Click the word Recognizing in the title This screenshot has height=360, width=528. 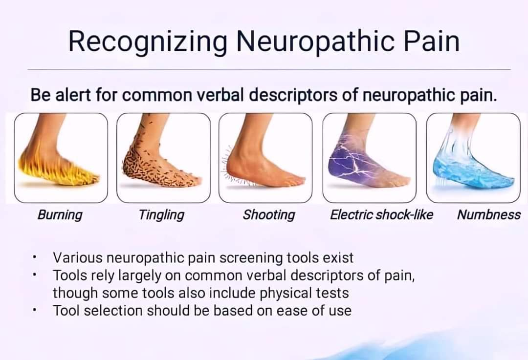[148, 42]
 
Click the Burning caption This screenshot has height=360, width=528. [60, 215]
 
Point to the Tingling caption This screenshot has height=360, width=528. [162, 215]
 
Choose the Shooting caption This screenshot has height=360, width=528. [269, 215]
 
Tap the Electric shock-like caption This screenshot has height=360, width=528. [381, 214]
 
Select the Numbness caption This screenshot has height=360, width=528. [488, 214]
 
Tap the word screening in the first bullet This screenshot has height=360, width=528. [251, 258]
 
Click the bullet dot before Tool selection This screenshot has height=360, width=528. [34, 311]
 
